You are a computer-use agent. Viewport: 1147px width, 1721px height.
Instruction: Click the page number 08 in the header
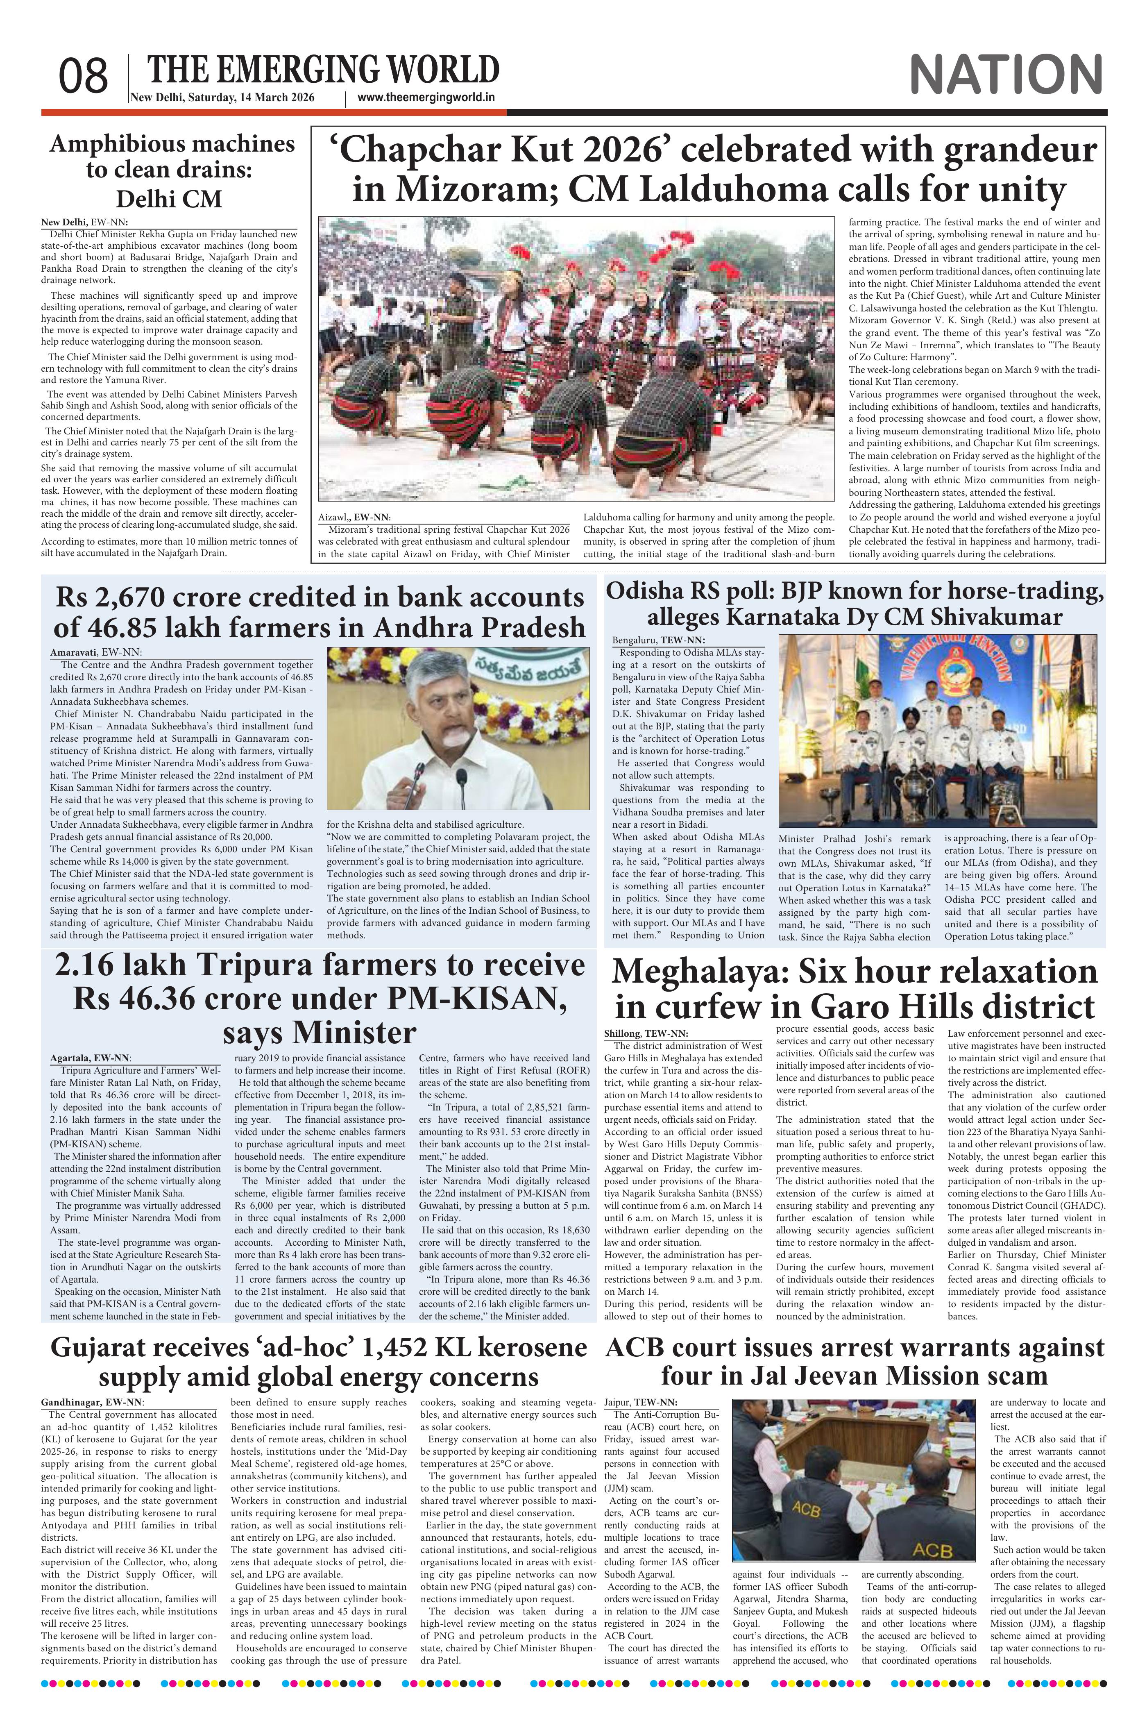(84, 76)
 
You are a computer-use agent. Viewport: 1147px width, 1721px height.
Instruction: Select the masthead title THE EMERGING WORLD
(323, 70)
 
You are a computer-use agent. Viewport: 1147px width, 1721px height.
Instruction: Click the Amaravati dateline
(95, 651)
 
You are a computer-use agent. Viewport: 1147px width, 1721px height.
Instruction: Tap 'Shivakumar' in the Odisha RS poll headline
(998, 617)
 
